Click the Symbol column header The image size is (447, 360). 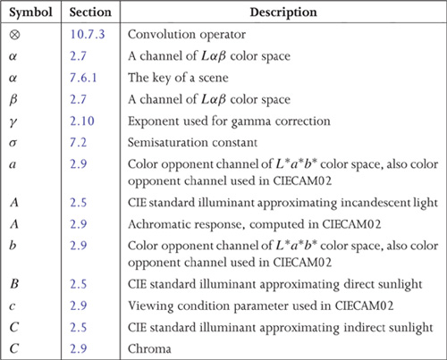click(30, 13)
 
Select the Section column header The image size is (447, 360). click(90, 13)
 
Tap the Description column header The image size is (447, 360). click(283, 13)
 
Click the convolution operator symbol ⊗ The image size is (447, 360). click(14, 35)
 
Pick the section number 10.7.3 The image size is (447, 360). click(88, 34)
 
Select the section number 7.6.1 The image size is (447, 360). click(83, 78)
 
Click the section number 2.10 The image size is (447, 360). click(82, 121)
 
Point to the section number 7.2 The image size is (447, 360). click(79, 142)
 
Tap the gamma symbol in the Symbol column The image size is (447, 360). click(13, 122)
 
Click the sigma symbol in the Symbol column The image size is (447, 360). click(13, 143)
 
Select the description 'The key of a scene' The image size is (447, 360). click(178, 78)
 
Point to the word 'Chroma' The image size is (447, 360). click(149, 348)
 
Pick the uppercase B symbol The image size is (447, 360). click(14, 284)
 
